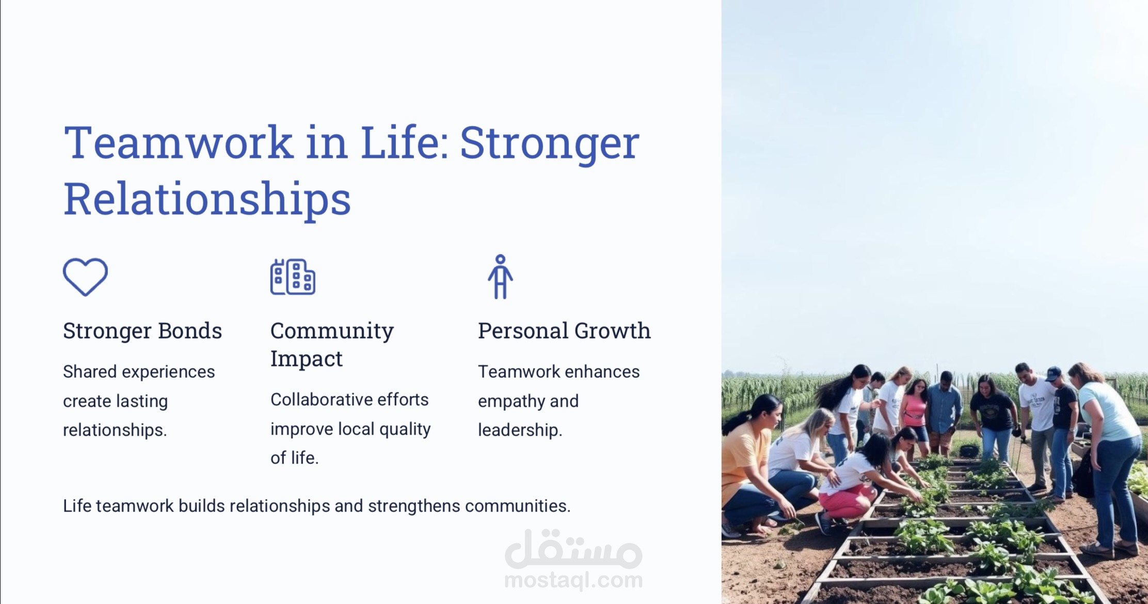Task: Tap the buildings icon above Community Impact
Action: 293,277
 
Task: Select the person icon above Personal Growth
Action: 500,277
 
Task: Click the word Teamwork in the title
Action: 179,142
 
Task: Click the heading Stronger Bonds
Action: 142,331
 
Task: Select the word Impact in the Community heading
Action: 306,359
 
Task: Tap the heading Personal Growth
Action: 564,331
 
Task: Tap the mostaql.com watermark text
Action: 573,580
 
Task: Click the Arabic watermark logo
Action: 573,548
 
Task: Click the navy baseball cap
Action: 1053,373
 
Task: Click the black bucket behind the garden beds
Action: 969,451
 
